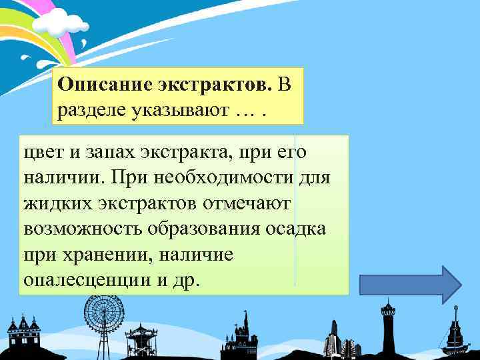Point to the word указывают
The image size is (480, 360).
[177, 109]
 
